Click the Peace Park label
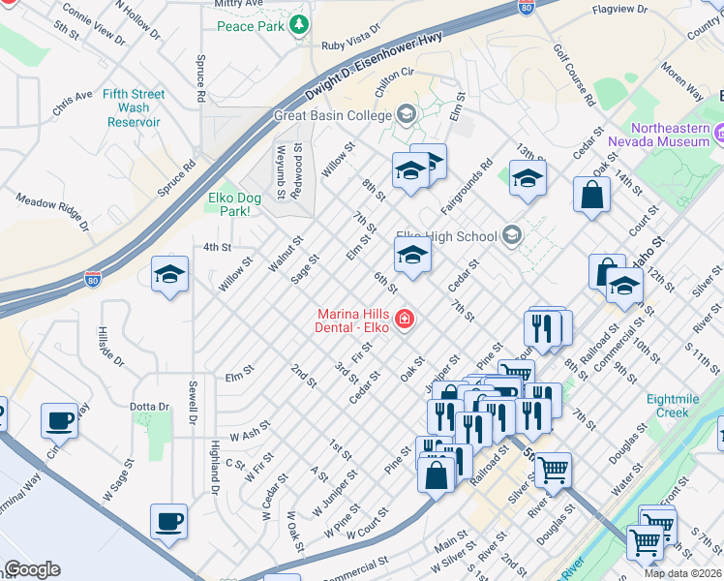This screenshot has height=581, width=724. [250, 26]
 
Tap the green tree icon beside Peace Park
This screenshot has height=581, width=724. [301, 23]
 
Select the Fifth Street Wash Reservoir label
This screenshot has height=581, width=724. [135, 107]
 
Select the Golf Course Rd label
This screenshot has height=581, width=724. [574, 75]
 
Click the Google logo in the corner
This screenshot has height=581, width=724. [32, 569]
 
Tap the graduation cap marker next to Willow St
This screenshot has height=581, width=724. [169, 275]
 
